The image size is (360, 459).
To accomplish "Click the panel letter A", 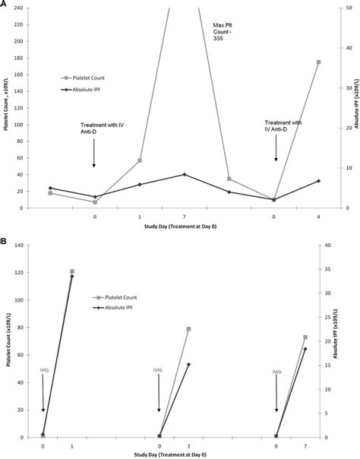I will [x=5, y=5].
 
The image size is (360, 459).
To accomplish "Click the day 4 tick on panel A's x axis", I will [x=318, y=217].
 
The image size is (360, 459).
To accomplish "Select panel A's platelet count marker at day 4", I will [x=318, y=62].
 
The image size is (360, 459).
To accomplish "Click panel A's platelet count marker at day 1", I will [x=140, y=160].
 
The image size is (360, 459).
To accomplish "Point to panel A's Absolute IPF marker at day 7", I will [x=185, y=174].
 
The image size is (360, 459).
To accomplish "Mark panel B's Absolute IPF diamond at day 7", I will [x=305, y=349].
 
